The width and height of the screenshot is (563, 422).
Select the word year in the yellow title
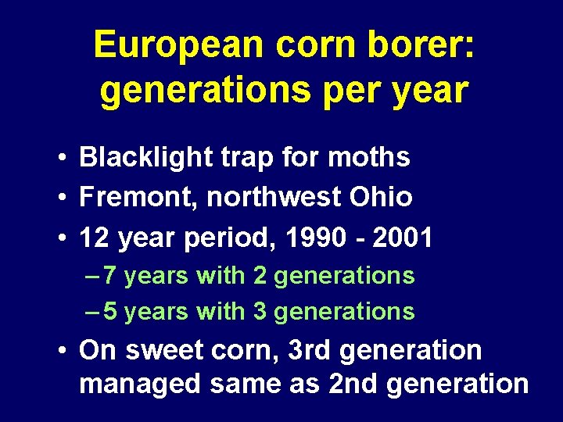tap(431, 91)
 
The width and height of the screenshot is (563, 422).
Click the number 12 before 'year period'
tap(95, 238)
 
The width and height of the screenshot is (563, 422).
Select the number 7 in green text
tap(110, 276)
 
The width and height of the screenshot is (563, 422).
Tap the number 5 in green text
tap(110, 312)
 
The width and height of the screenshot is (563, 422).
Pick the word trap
tap(244, 159)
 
